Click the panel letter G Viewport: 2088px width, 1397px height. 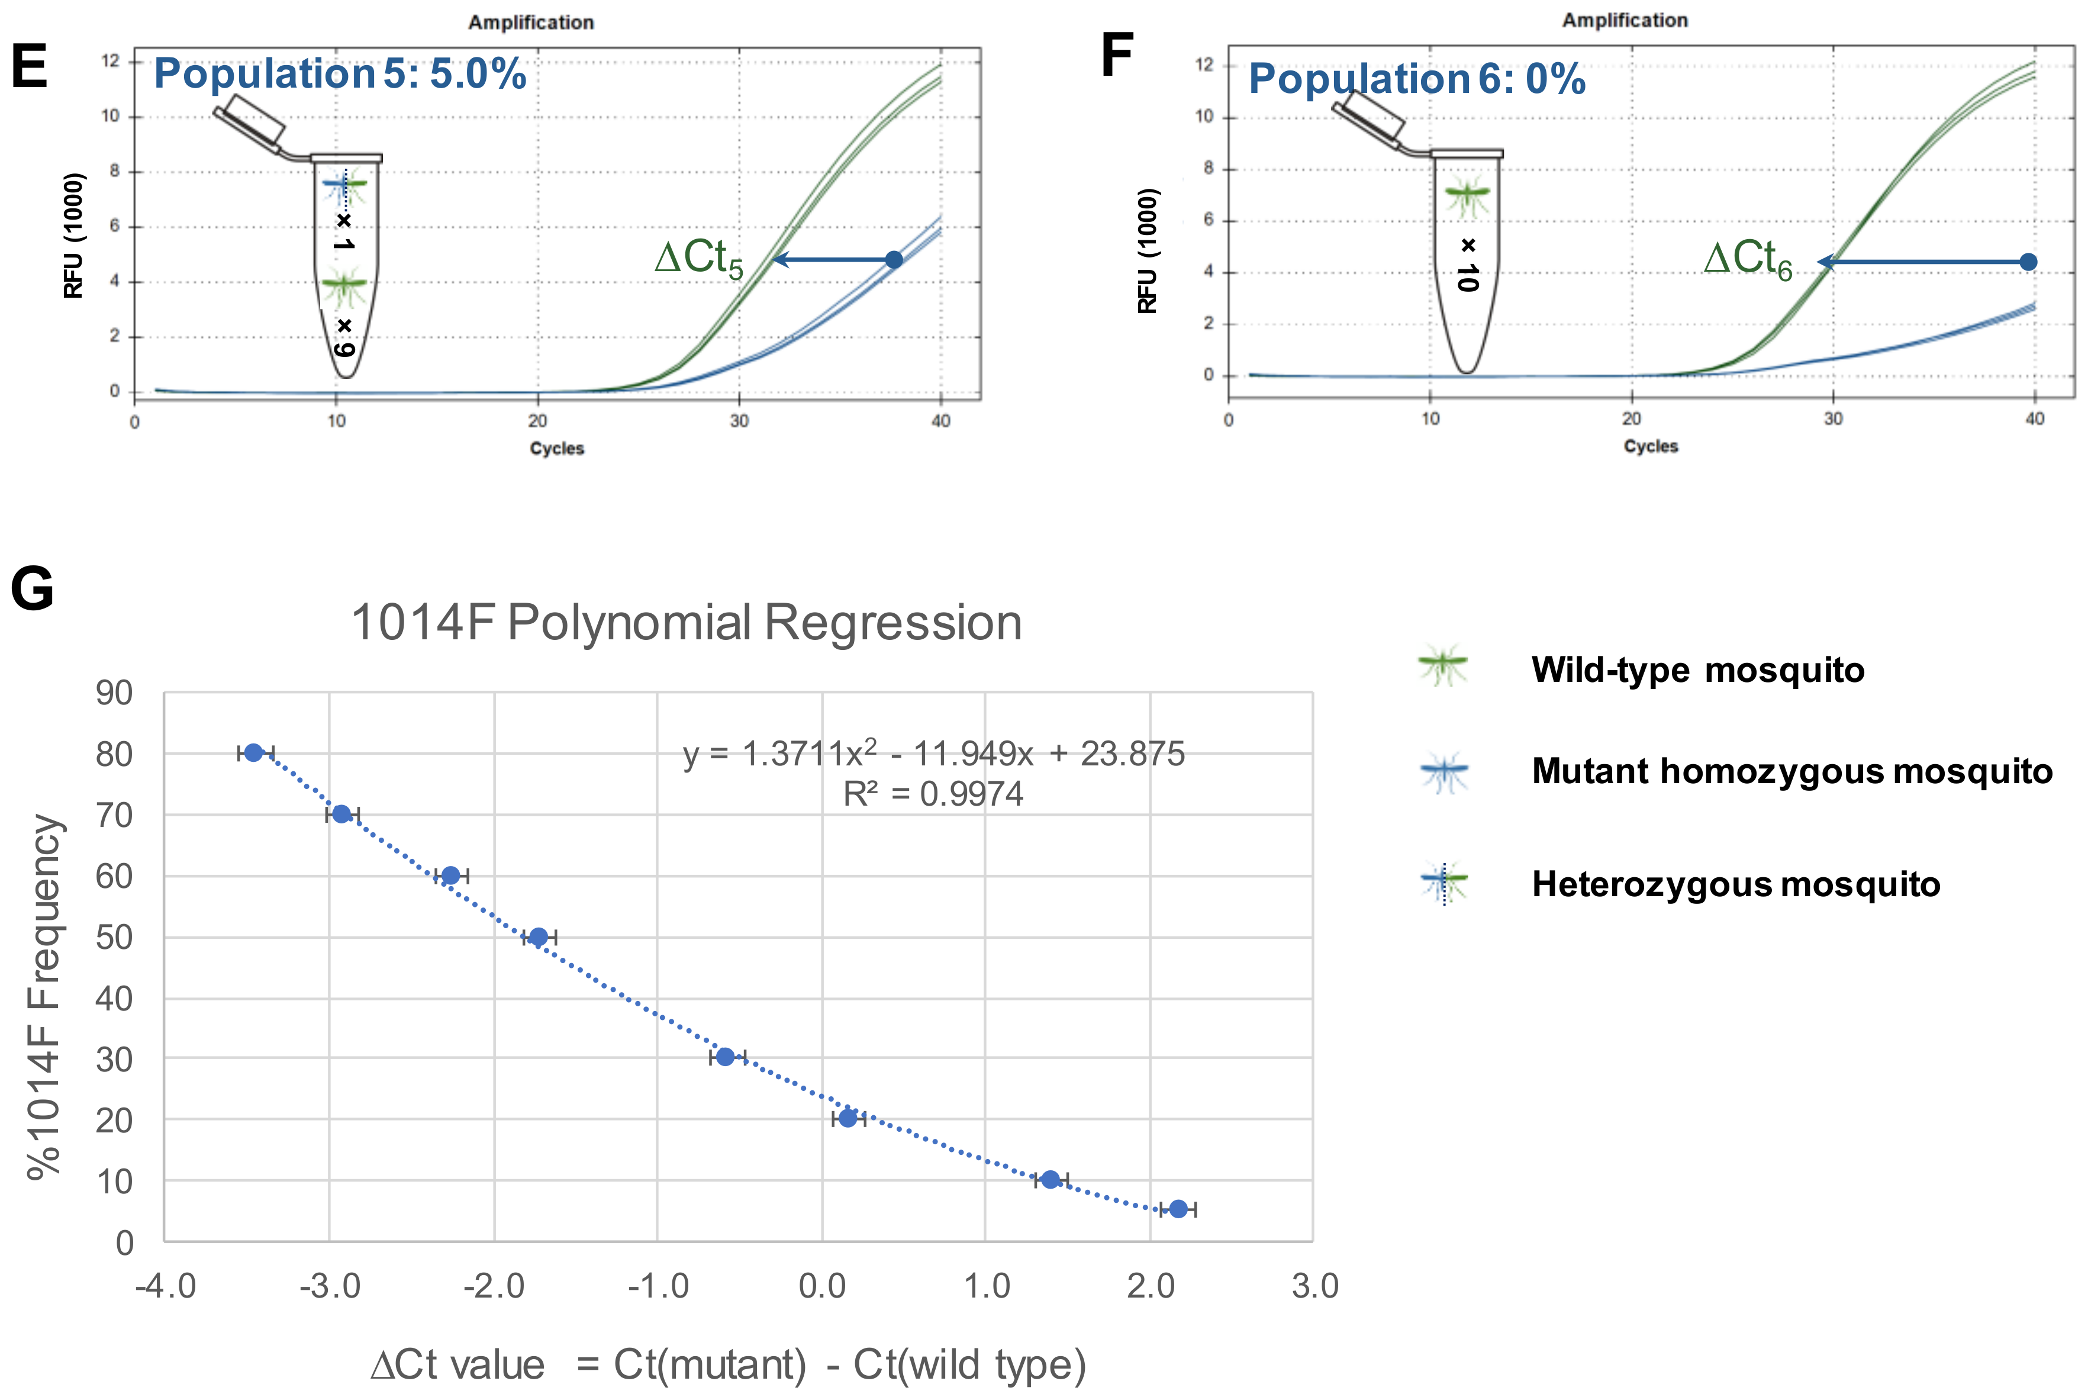(32, 589)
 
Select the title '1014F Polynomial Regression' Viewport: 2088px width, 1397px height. (686, 622)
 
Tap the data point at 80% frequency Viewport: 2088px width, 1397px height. (254, 753)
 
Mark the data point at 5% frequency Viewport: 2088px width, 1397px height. (1178, 1209)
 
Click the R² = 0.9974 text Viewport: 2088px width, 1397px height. (933, 794)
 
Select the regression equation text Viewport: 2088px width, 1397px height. (933, 754)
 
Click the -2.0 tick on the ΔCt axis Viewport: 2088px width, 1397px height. (494, 1286)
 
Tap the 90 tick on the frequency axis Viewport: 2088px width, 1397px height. (114, 693)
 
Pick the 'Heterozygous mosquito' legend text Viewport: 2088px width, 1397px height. (1735, 885)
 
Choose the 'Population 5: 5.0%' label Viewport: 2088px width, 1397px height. (340, 73)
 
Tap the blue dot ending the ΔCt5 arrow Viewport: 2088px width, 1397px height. (894, 259)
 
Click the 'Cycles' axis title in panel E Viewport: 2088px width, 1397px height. (557, 448)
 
